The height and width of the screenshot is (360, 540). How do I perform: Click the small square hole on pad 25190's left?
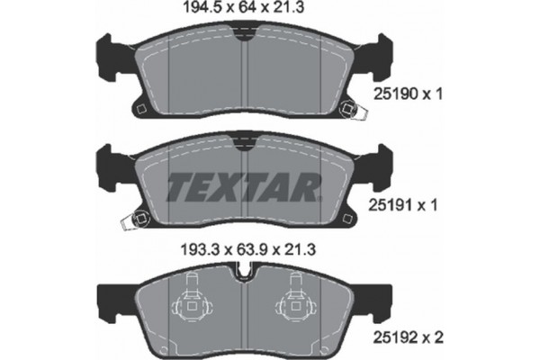pyautogui.click(x=139, y=110)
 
